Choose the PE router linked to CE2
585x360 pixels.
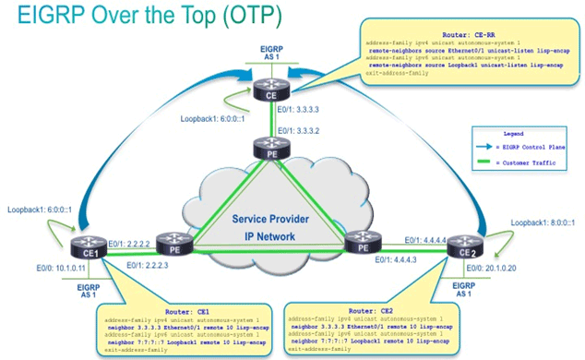pos(359,244)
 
